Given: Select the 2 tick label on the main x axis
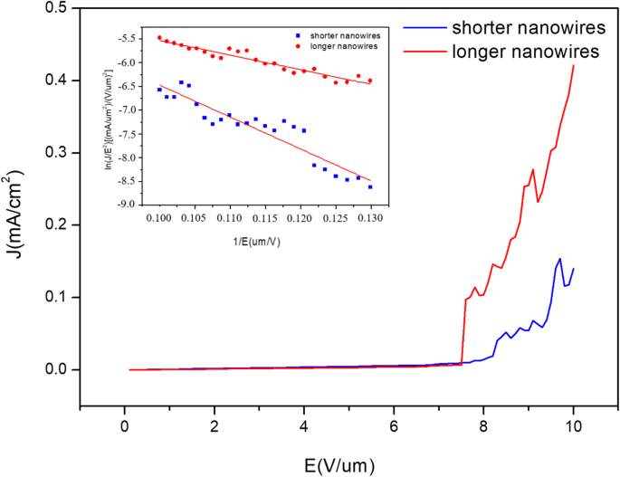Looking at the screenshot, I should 215,425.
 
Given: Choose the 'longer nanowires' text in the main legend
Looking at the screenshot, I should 525,52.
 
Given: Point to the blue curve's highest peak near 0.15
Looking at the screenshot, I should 560,259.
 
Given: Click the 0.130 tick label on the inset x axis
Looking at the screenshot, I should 370,218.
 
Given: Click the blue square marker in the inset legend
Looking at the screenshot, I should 297,33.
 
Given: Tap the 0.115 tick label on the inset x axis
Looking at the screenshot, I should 265,218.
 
